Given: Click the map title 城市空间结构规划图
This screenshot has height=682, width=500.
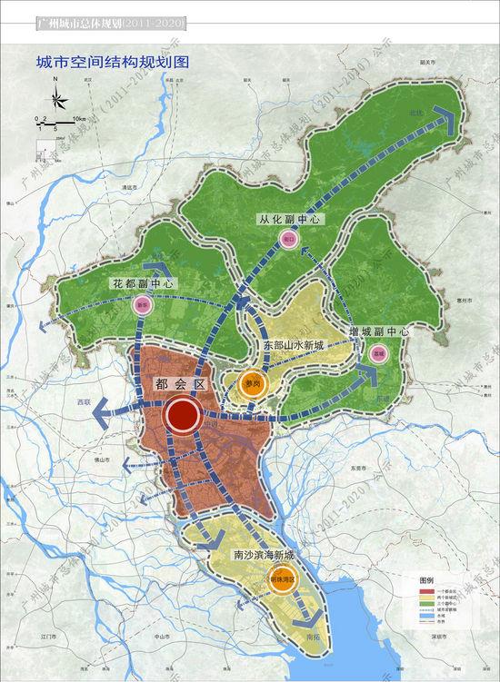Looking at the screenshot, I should pyautogui.click(x=110, y=64).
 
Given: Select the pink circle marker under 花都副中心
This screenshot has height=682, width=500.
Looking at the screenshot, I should pyautogui.click(x=141, y=306).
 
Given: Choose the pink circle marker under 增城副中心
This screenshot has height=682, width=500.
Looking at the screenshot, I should pyautogui.click(x=378, y=351).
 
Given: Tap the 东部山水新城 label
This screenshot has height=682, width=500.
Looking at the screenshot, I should pyautogui.click(x=293, y=345).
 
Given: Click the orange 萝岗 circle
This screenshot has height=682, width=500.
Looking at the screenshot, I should pyautogui.click(x=252, y=385).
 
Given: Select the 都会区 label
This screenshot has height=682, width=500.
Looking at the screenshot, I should pyautogui.click(x=182, y=384).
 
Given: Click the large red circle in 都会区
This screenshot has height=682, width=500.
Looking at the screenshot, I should pyautogui.click(x=185, y=415).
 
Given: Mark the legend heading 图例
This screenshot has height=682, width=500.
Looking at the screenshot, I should pyautogui.click(x=428, y=578).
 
